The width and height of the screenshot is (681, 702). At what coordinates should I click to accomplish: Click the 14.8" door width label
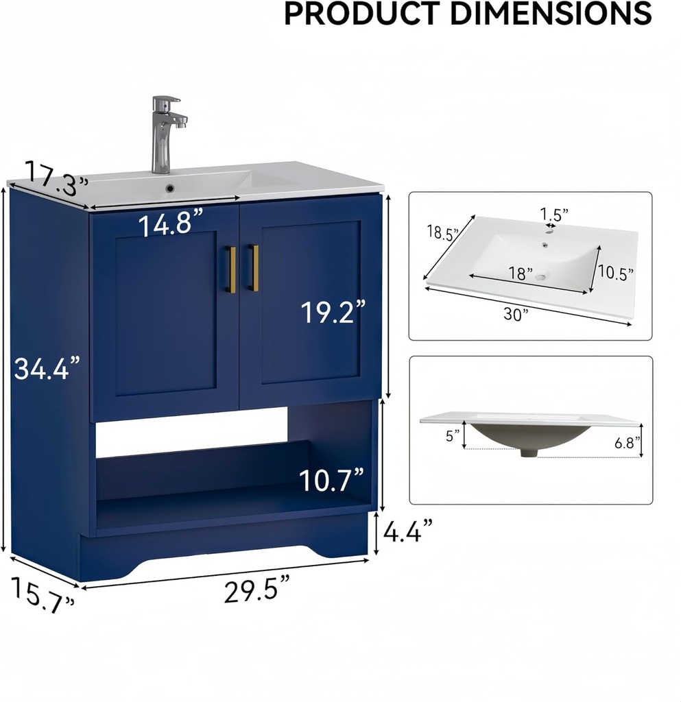coord(172,224)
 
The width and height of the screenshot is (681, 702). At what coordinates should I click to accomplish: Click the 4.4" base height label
coord(407,531)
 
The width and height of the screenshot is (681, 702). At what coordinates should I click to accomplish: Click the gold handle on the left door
coord(232,269)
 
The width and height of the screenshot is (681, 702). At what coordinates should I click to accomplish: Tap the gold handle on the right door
coord(254,267)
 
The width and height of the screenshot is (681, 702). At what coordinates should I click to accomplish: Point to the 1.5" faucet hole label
coord(553,215)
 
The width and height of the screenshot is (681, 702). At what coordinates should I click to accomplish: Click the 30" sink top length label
coord(516,314)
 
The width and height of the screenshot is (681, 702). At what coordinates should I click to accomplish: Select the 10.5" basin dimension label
coord(615,272)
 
